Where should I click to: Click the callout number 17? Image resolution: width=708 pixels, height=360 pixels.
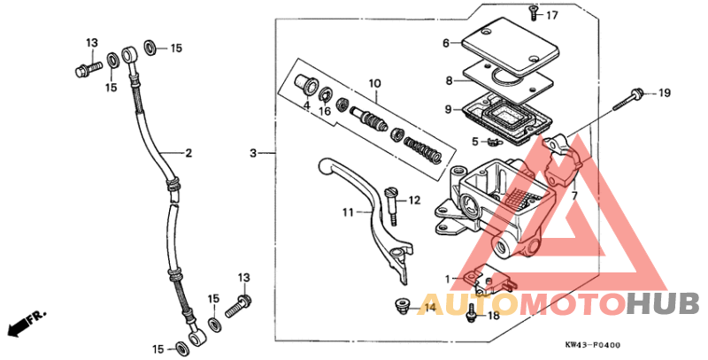coord(552,16)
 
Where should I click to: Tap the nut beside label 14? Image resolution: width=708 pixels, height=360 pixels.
coord(400,307)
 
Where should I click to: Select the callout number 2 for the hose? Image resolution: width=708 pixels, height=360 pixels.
coord(189,153)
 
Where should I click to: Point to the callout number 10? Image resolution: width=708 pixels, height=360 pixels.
coord(374,84)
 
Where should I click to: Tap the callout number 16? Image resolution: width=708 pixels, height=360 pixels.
coord(325,111)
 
